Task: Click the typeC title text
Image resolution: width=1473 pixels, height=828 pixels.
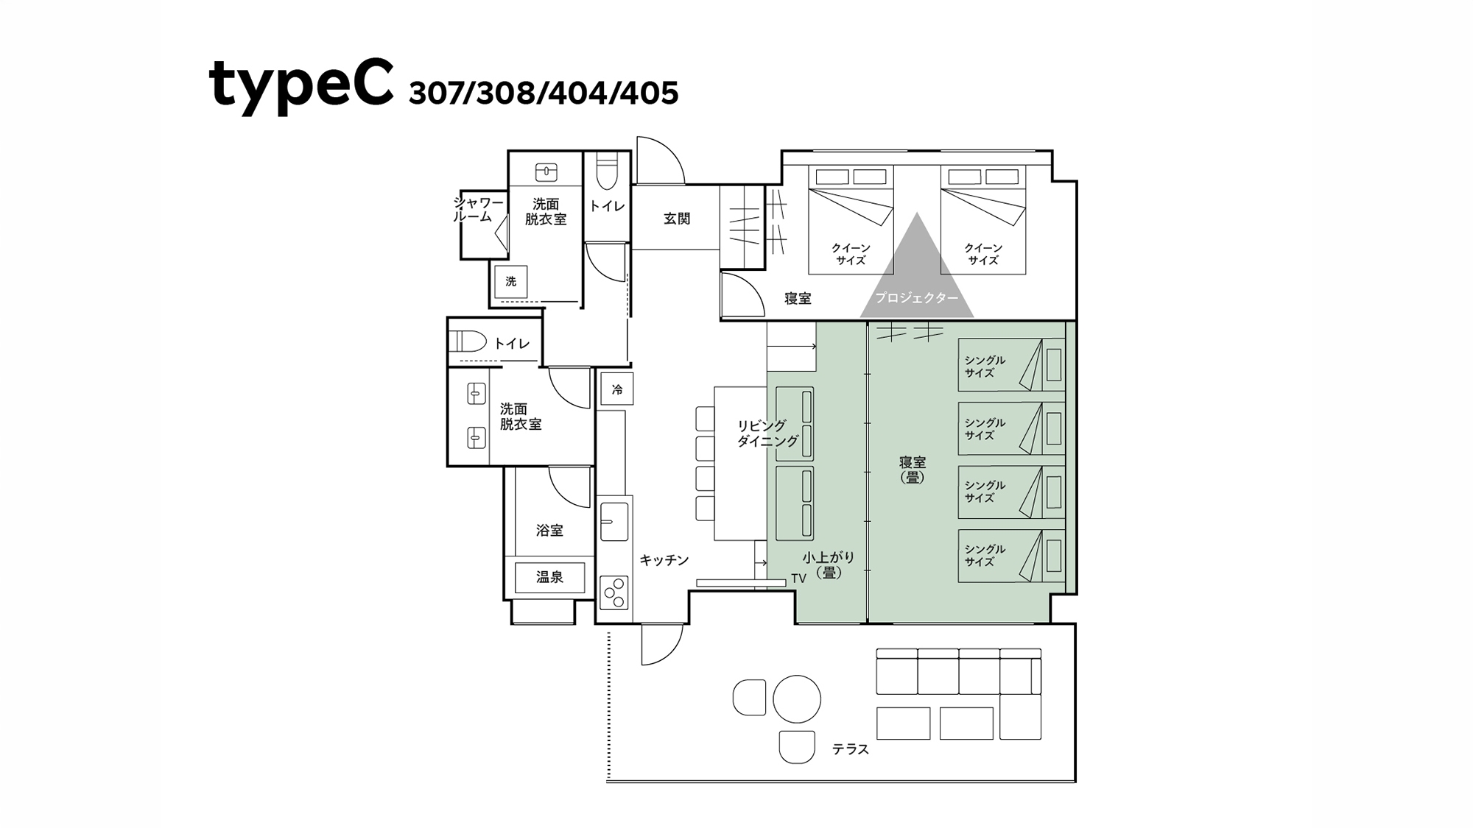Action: click(301, 85)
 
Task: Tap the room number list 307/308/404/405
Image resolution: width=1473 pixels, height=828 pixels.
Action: click(544, 93)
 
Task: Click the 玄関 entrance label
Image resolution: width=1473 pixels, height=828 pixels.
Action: click(677, 219)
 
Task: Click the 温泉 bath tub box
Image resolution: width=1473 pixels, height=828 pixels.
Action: click(549, 578)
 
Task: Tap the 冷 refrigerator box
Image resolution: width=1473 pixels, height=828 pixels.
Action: click(616, 389)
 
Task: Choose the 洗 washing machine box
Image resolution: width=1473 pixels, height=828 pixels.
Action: click(510, 281)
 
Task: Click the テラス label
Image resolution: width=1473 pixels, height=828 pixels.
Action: click(851, 749)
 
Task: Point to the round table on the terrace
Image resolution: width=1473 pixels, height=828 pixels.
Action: click(797, 699)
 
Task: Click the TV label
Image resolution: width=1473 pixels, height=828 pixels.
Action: click(798, 578)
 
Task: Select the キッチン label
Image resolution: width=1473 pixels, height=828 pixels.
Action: click(664, 560)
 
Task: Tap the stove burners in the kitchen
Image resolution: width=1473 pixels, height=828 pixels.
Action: click(614, 592)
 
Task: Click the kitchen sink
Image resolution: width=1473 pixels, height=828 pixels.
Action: click(614, 521)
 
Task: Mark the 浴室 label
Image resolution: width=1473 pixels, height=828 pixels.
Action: click(549, 530)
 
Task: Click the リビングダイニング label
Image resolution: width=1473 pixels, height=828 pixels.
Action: click(767, 434)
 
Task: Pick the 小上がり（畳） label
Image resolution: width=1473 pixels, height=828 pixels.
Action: click(829, 565)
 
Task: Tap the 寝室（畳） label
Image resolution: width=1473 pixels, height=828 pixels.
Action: click(913, 469)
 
